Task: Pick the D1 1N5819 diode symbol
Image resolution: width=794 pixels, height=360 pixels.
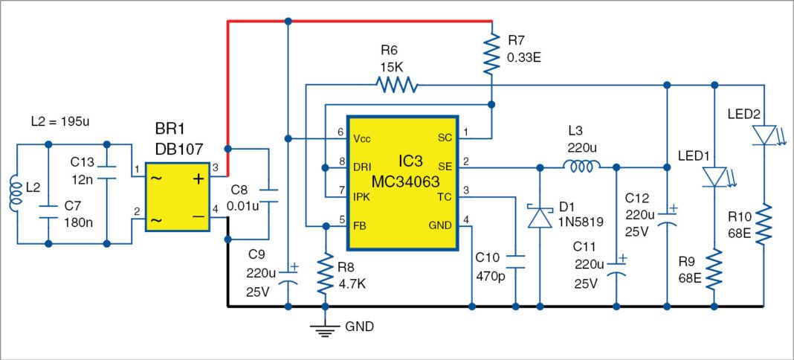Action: pyautogui.click(x=539, y=216)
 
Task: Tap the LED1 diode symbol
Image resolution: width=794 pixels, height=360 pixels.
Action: pyautogui.click(x=714, y=176)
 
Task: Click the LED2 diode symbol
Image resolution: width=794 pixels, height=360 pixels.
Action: pyautogui.click(x=764, y=135)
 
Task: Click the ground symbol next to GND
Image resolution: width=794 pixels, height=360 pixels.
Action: pyautogui.click(x=323, y=329)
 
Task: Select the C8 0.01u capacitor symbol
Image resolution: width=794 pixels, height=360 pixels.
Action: pyautogui.click(x=269, y=195)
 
